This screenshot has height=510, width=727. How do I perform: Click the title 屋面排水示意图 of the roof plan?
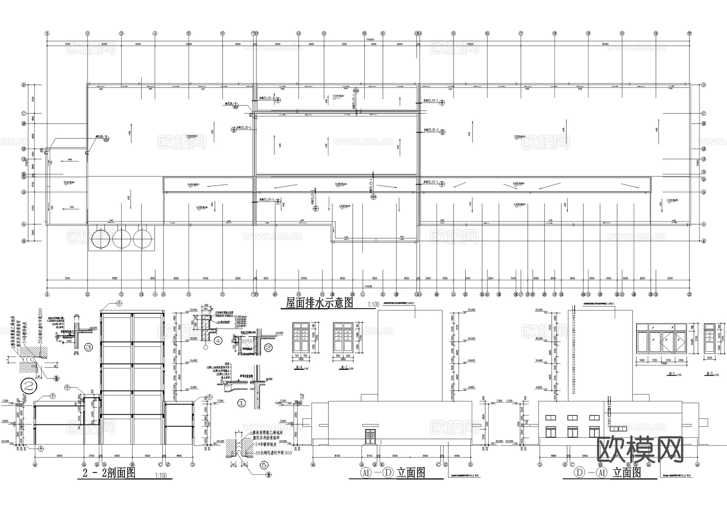pos(319,302)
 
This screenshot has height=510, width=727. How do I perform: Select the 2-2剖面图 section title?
pos(106,473)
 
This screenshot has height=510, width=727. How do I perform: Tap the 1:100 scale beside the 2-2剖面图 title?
pos(160,475)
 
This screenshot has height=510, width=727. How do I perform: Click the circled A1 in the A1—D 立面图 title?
pos(365,473)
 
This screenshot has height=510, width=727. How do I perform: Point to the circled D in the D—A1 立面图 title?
pos(580,472)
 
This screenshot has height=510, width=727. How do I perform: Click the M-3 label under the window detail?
pos(344,367)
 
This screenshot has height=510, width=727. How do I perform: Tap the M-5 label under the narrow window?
pos(710,374)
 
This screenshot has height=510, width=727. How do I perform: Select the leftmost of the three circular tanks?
pos(101,239)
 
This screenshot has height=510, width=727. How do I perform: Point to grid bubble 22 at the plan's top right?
pos(690,34)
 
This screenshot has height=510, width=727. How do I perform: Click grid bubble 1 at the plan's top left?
pos(47,34)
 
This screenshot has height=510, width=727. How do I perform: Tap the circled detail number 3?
pos(89,346)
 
